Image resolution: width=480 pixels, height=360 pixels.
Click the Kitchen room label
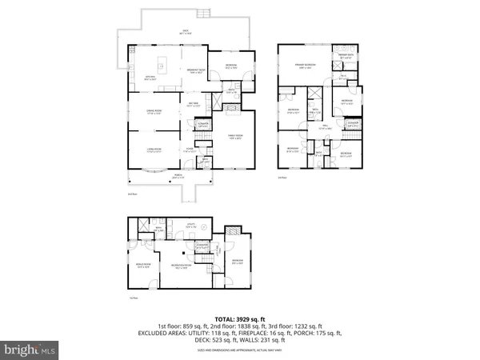click(150, 78)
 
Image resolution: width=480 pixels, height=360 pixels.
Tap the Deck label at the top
click(185, 32)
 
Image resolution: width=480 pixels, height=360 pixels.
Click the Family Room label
click(236, 138)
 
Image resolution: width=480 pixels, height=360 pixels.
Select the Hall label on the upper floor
click(326, 127)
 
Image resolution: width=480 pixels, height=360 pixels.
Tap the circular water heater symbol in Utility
click(203, 229)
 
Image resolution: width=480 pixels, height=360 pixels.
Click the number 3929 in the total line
click(246, 318)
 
